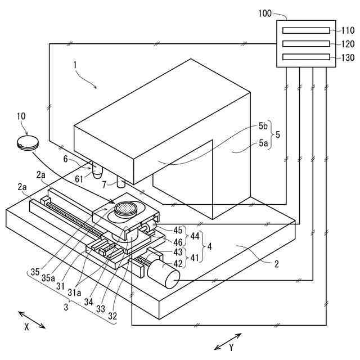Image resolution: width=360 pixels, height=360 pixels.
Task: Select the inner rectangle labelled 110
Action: pos(307,30)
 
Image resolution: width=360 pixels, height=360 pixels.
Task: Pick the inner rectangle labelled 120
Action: pos(307,43)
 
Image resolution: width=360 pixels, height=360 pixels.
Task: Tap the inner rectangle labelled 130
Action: pos(307,56)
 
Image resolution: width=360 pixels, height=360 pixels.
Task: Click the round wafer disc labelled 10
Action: pos(27,142)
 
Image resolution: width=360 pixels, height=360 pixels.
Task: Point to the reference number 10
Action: pos(21,116)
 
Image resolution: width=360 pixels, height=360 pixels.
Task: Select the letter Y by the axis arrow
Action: pos(231,348)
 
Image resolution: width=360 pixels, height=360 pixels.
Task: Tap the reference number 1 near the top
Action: pos(74,65)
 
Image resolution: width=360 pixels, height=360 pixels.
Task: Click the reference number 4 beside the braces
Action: pos(209,246)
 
